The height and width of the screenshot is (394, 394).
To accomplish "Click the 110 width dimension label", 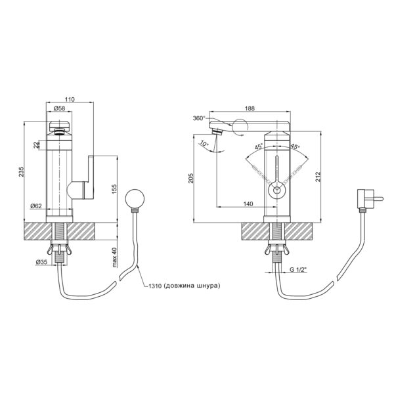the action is coord(70,100).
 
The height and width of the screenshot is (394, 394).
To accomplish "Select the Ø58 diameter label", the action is coord(60,108).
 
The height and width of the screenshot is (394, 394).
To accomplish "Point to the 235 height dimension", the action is coord(22,171).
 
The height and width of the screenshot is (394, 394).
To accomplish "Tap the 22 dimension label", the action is coord(37,144).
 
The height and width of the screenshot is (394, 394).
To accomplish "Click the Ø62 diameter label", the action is coord(36,206).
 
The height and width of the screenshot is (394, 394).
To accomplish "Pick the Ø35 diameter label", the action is coord(41,262).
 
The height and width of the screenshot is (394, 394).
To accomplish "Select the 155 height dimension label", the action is coord(114,190).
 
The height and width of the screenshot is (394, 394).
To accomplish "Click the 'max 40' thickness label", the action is coord(114,257).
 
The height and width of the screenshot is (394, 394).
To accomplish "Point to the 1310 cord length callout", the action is coord(185,286).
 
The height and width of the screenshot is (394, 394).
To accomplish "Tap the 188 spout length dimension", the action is coord(250,108).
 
